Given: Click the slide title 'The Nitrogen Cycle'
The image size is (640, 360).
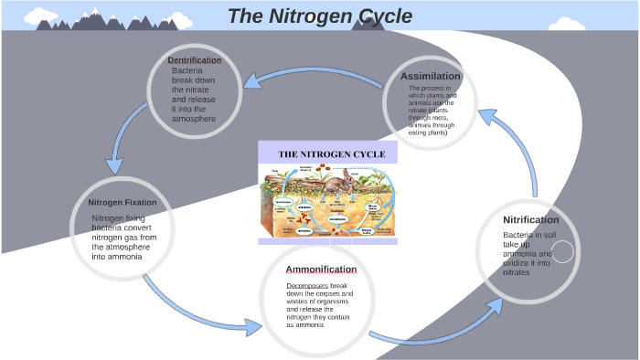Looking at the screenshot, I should click(319, 16).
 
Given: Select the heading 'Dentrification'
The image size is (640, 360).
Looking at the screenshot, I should click(194, 60).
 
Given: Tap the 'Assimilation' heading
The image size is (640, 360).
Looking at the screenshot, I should click(431, 75).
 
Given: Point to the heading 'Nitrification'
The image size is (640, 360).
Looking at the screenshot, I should click(530, 220).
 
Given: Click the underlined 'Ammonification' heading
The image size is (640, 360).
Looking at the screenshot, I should click(321, 270).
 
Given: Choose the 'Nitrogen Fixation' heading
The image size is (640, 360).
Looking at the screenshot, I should click(123, 202).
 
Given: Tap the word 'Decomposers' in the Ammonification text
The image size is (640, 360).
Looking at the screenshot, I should click(307, 285).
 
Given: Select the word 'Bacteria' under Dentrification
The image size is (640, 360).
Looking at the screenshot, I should click(187, 70).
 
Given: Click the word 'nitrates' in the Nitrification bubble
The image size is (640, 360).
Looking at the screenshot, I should click(517, 272).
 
